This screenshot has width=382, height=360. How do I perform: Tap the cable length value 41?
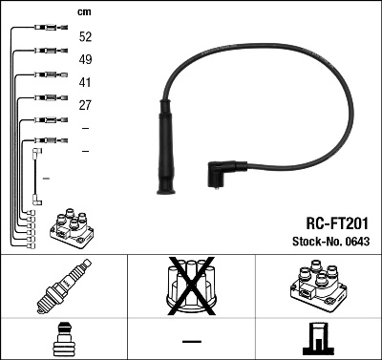86,82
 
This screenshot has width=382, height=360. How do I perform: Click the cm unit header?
84,12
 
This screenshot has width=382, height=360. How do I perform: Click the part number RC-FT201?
330,221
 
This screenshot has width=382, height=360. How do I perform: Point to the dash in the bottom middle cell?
191,341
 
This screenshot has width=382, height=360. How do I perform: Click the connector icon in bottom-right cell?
317,339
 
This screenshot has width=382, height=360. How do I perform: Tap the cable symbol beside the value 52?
45,27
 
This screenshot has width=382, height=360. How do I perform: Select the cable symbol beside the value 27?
45,96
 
